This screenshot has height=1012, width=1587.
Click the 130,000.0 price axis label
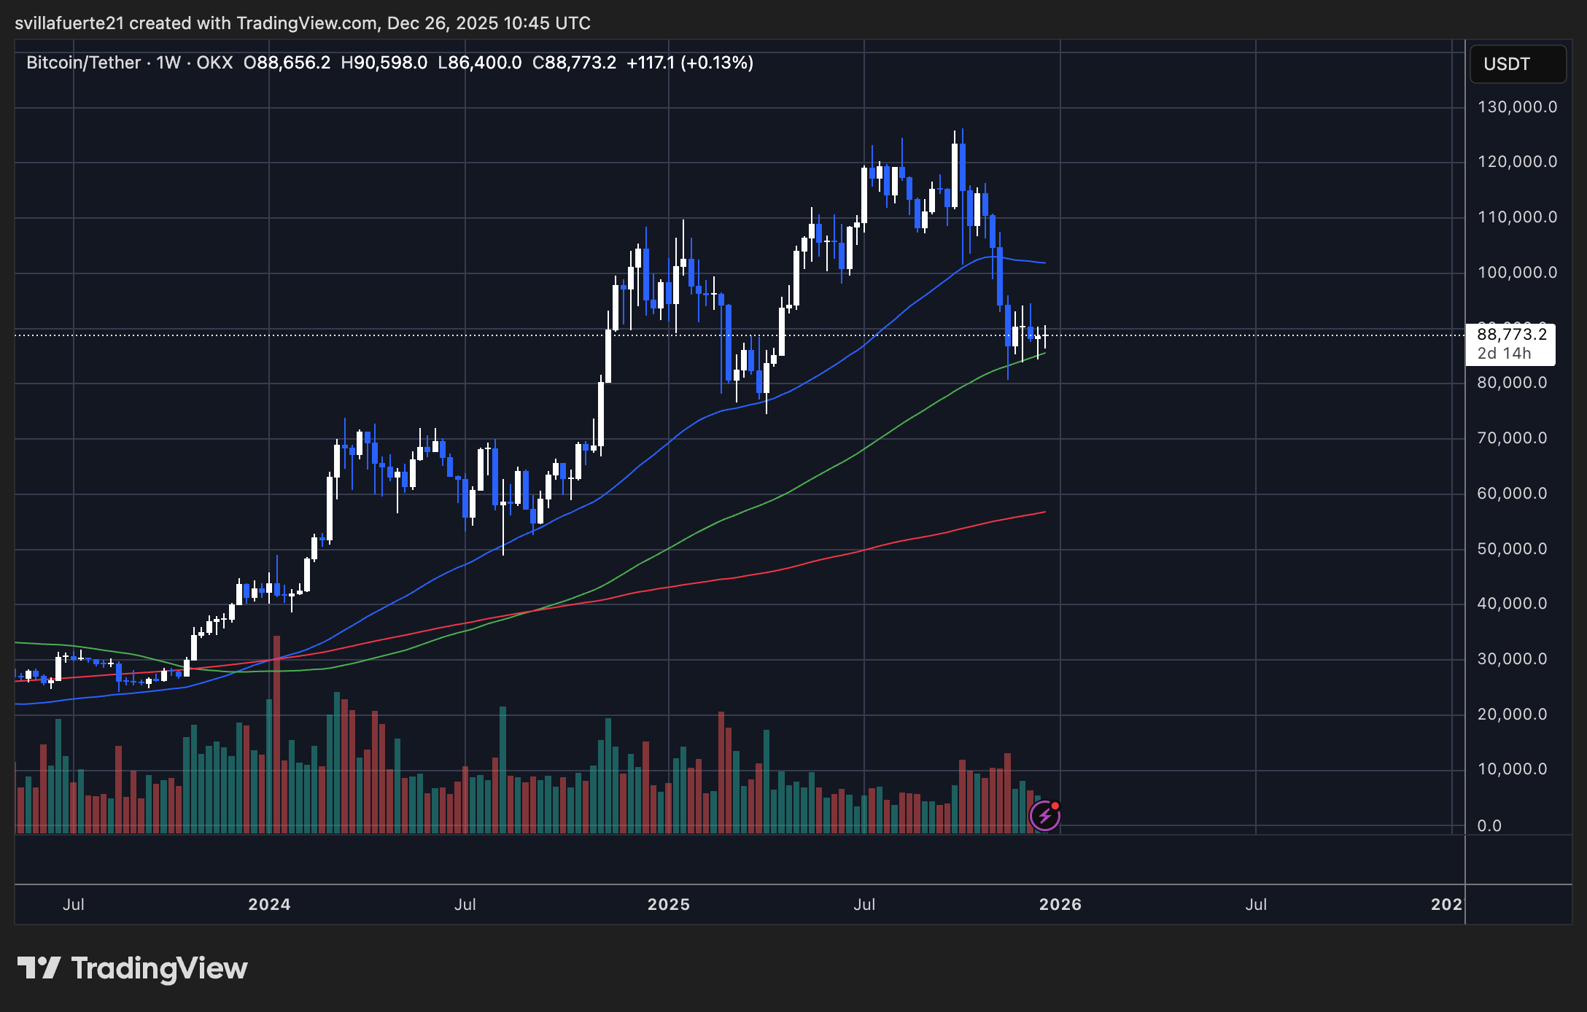tap(1516, 107)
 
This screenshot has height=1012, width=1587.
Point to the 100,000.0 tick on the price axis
tap(1516, 273)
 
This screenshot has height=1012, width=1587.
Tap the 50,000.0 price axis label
tap(1511, 549)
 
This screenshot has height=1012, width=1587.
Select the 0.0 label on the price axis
tap(1489, 826)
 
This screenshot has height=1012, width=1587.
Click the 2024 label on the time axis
tap(269, 905)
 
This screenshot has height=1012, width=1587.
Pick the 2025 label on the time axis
tap(668, 905)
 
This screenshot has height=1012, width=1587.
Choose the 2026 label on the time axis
tap(1060, 905)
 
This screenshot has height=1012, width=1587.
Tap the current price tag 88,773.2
tap(1511, 335)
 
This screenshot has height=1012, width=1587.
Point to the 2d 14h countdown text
tap(1504, 354)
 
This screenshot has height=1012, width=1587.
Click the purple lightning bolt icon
tap(1044, 816)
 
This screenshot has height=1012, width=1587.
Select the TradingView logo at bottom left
tap(132, 968)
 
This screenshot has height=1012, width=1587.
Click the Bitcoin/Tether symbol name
tap(83, 63)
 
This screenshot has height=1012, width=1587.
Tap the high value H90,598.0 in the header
tap(384, 63)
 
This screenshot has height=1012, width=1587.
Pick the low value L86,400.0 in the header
tap(479, 63)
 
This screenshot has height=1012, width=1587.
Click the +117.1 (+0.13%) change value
tap(689, 63)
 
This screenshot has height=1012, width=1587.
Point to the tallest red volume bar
tap(277, 733)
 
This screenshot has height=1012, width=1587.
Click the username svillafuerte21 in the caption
tap(69, 23)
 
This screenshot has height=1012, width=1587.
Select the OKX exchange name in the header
tap(214, 63)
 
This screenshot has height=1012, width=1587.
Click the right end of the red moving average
tap(1044, 513)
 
